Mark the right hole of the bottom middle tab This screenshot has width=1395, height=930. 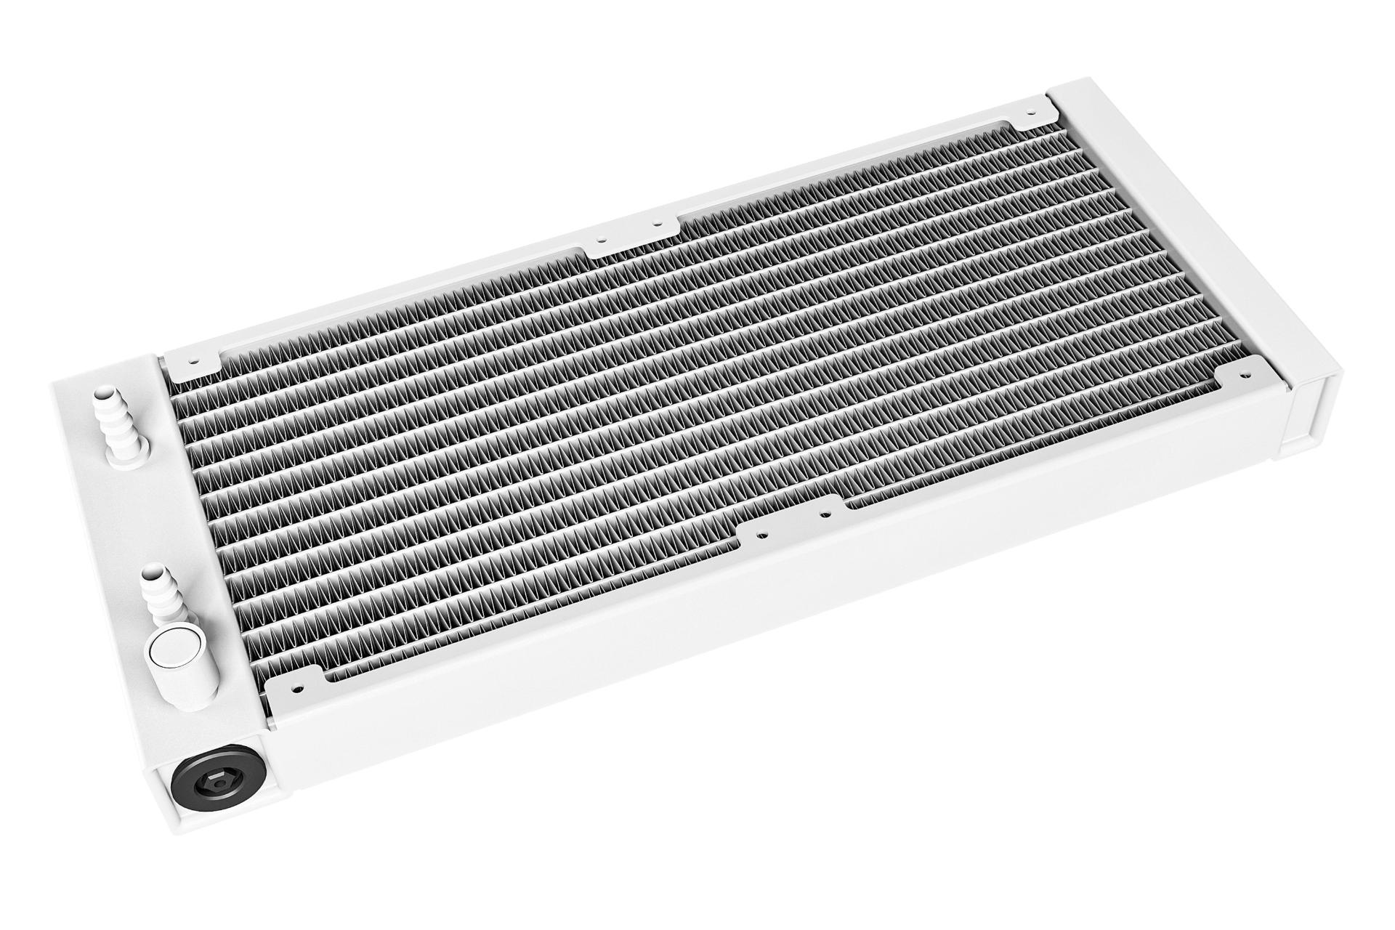(822, 514)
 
